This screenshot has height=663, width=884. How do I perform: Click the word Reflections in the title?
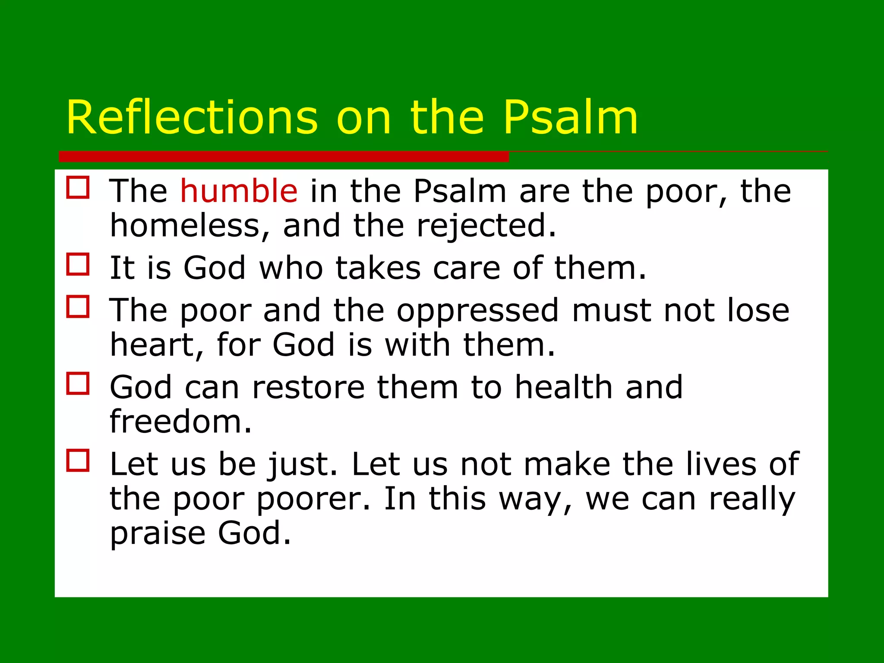(x=192, y=118)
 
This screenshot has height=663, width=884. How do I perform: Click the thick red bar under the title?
(x=284, y=156)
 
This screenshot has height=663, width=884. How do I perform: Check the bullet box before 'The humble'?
(x=78, y=187)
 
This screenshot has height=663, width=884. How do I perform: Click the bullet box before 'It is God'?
(x=78, y=264)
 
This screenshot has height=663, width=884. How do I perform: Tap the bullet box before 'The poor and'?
(x=78, y=306)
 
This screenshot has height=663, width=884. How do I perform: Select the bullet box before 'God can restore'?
(x=78, y=383)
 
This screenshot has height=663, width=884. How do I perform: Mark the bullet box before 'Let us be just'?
(x=78, y=460)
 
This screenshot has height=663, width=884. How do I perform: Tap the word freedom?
(x=180, y=422)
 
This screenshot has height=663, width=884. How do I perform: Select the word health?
(x=564, y=387)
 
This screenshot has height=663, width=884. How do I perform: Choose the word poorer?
(x=313, y=499)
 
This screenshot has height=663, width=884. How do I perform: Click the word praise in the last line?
(x=158, y=534)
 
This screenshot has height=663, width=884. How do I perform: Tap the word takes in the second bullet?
(x=378, y=268)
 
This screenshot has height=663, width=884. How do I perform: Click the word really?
(x=751, y=499)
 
